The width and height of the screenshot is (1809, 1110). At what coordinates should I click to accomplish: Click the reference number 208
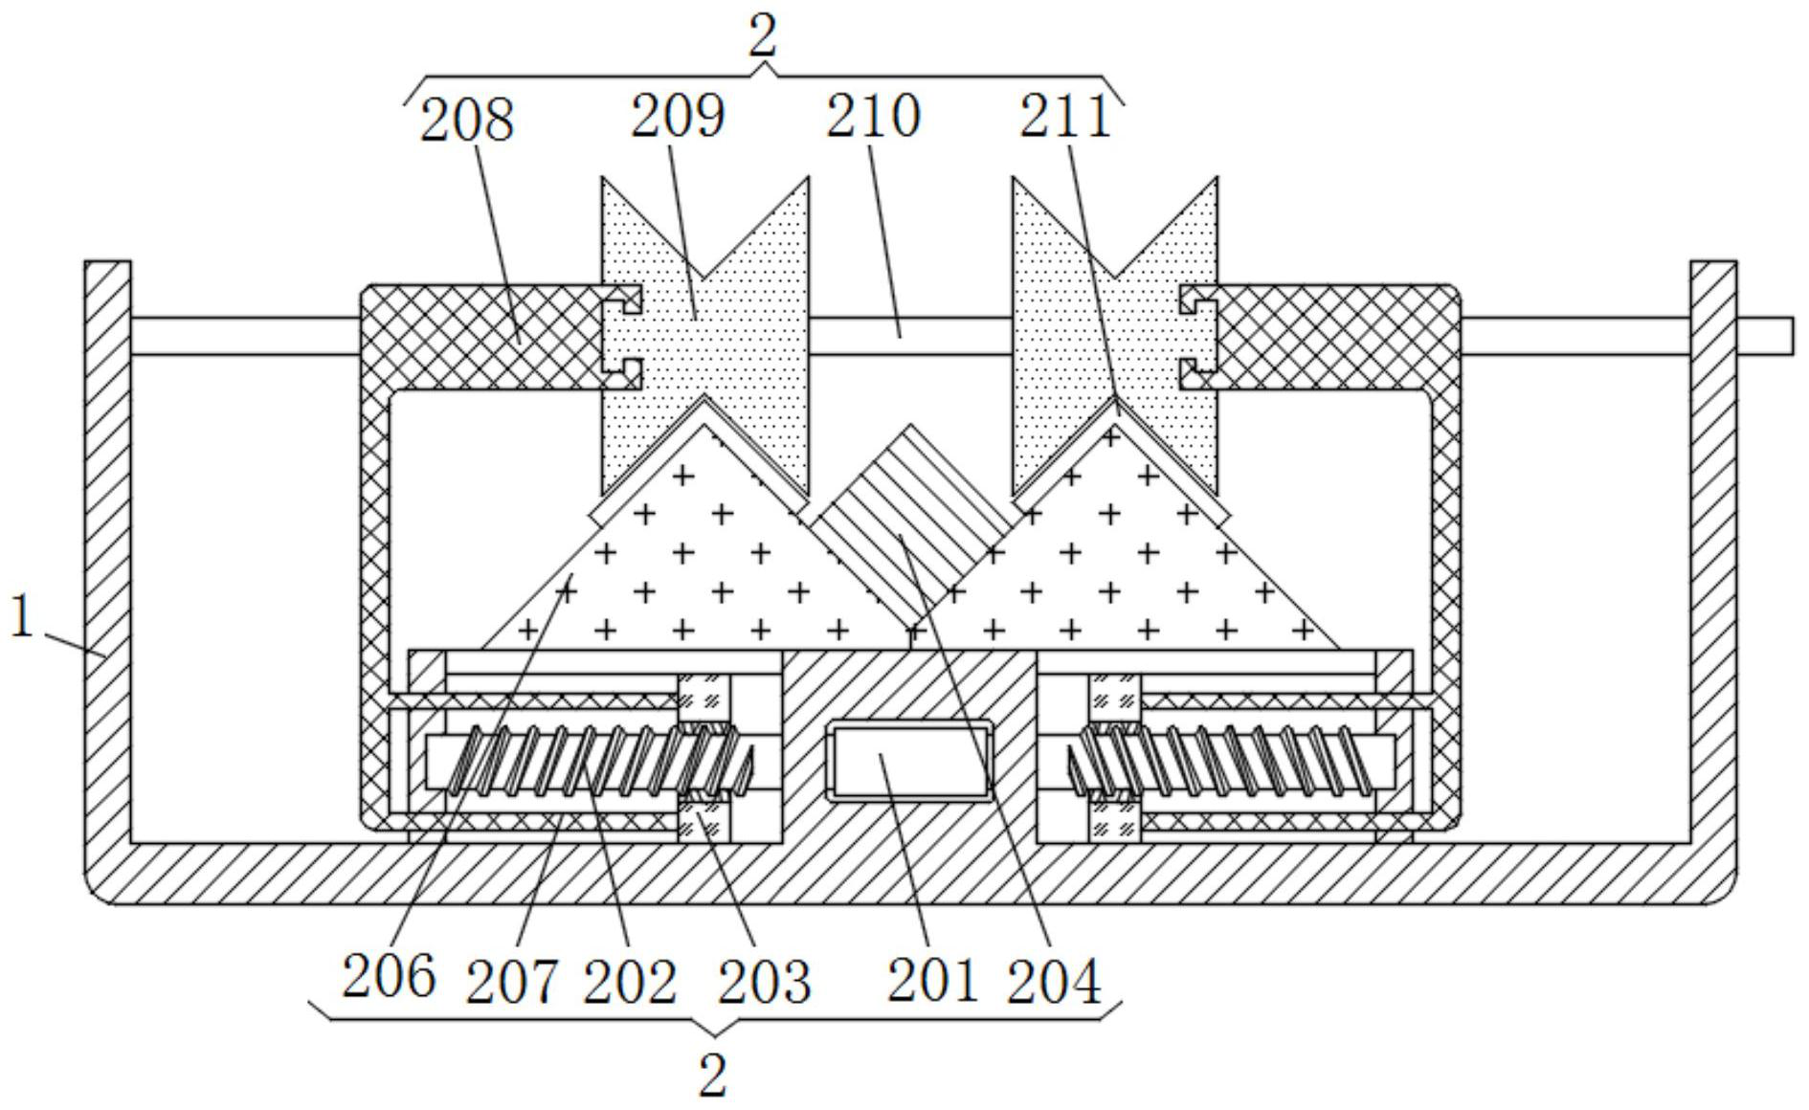(467, 121)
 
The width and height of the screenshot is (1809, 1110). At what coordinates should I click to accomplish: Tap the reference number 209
(678, 116)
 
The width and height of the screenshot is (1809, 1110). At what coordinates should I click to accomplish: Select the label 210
(873, 116)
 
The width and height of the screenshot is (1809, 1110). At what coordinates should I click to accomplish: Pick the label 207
(511, 982)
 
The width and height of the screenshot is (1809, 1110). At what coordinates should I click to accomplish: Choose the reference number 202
(630, 982)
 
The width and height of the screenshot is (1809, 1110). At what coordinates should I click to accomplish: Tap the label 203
(764, 982)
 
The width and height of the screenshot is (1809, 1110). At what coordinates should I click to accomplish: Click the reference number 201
(932, 980)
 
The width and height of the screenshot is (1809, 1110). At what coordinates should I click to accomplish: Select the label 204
(1054, 982)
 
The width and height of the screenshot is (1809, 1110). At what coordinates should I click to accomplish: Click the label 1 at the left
(22, 616)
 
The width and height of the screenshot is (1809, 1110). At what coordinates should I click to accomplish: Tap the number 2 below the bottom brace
(713, 1077)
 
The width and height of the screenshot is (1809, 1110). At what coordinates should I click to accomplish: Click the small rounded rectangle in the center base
(910, 761)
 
